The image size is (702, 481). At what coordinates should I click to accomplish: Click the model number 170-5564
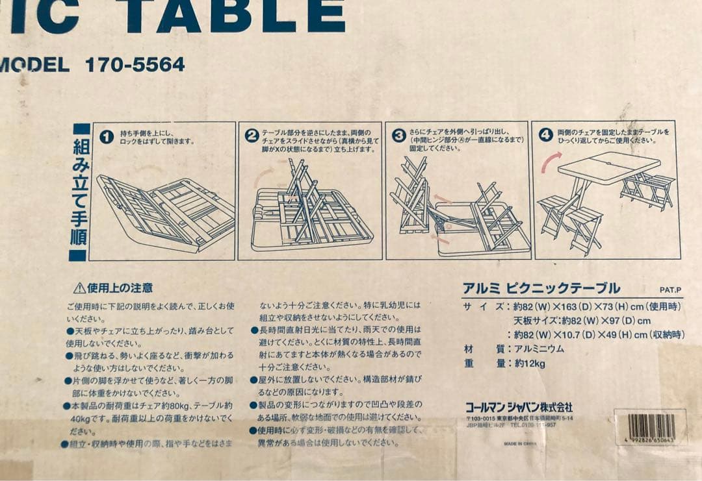coord(135,64)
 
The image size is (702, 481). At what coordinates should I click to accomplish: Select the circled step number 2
coord(252,136)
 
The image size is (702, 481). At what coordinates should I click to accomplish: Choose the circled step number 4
coord(546,136)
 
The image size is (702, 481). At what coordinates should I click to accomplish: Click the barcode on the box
coord(650,427)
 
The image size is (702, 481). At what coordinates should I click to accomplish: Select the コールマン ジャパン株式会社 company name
coord(519,407)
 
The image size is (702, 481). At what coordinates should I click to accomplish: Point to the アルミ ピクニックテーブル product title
coord(541,288)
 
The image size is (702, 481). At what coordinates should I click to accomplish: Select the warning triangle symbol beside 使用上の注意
coord(79,288)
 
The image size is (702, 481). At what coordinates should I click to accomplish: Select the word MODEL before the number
coord(34,65)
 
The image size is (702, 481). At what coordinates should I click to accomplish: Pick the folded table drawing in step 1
coord(166,211)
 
